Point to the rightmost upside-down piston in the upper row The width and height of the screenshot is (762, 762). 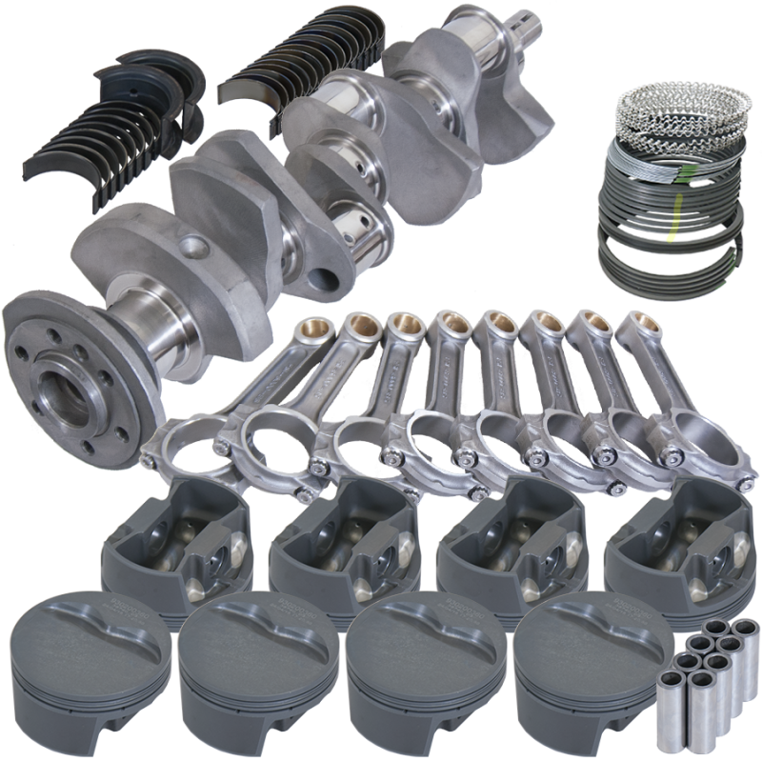click(x=672, y=539)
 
